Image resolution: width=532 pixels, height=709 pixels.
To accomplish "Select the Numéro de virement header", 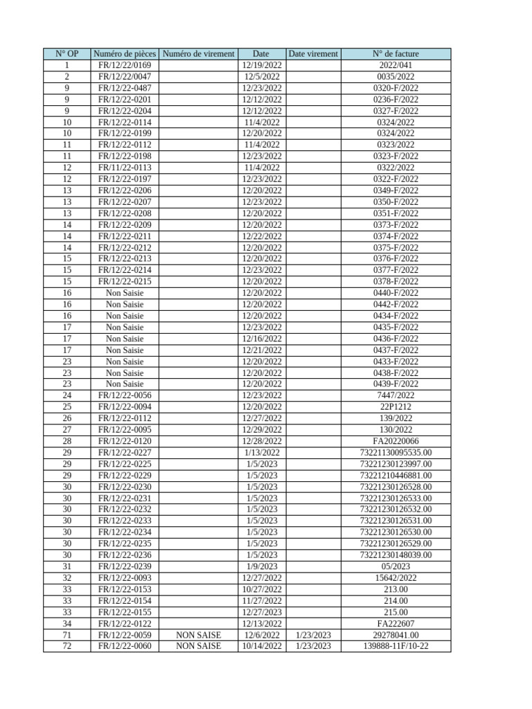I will [198, 53].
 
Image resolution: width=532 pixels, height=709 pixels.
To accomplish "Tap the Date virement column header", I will [313, 53].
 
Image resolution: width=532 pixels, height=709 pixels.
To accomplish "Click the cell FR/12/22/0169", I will [125, 65].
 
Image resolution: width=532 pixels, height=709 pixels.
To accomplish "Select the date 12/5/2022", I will [261, 76].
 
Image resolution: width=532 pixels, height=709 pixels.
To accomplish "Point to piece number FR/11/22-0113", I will [125, 168].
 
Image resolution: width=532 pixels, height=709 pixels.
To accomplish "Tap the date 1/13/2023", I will [261, 452].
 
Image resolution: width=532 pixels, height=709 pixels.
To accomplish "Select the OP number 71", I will [66, 635].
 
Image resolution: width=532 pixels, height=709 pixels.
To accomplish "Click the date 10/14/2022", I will [261, 646].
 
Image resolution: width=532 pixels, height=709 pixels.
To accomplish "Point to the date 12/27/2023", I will [261, 612].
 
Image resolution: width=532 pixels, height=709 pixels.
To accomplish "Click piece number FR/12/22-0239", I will [125, 566].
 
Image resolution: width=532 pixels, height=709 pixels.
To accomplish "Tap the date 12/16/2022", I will [261, 339].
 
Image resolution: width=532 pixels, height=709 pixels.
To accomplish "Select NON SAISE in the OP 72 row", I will [198, 646].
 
